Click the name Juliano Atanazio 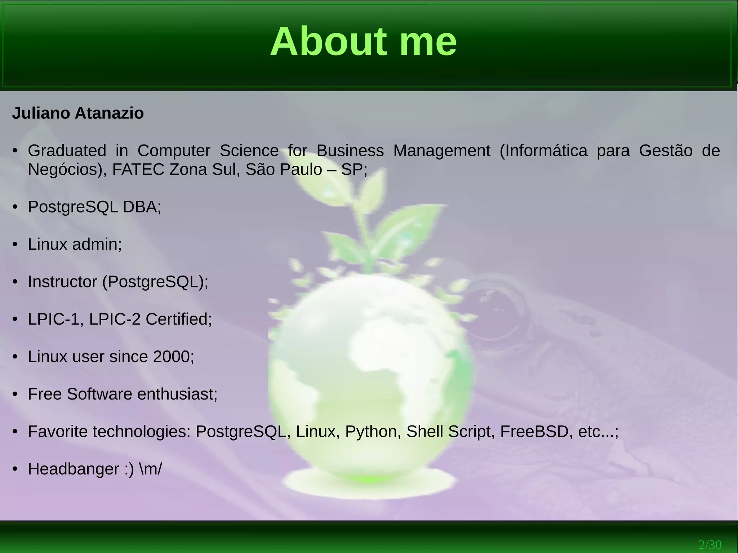tap(78, 113)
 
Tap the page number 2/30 tap(710, 544)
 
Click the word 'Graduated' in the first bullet tap(67, 151)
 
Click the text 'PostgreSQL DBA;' tap(94, 207)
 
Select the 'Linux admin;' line tap(75, 245)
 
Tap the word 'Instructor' tap(62, 282)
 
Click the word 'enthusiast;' tap(177, 394)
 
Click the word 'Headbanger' tap(74, 469)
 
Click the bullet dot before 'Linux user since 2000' tap(15, 357)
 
